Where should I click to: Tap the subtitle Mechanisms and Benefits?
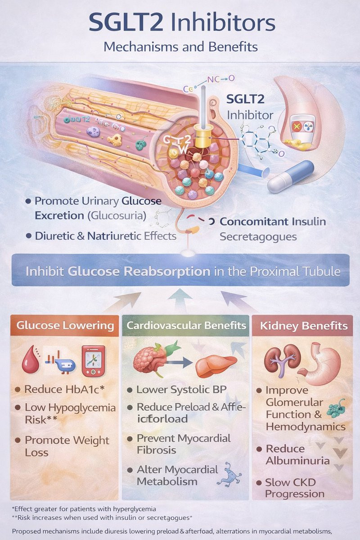180,47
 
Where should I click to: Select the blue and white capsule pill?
290,176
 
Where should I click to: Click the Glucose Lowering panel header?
65,325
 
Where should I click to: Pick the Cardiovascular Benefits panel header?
186,325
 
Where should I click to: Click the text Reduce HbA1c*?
64,389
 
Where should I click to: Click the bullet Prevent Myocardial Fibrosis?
183,444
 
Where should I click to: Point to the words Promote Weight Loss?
67,446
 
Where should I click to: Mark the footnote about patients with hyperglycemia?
84,509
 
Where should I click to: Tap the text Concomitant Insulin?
273,221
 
